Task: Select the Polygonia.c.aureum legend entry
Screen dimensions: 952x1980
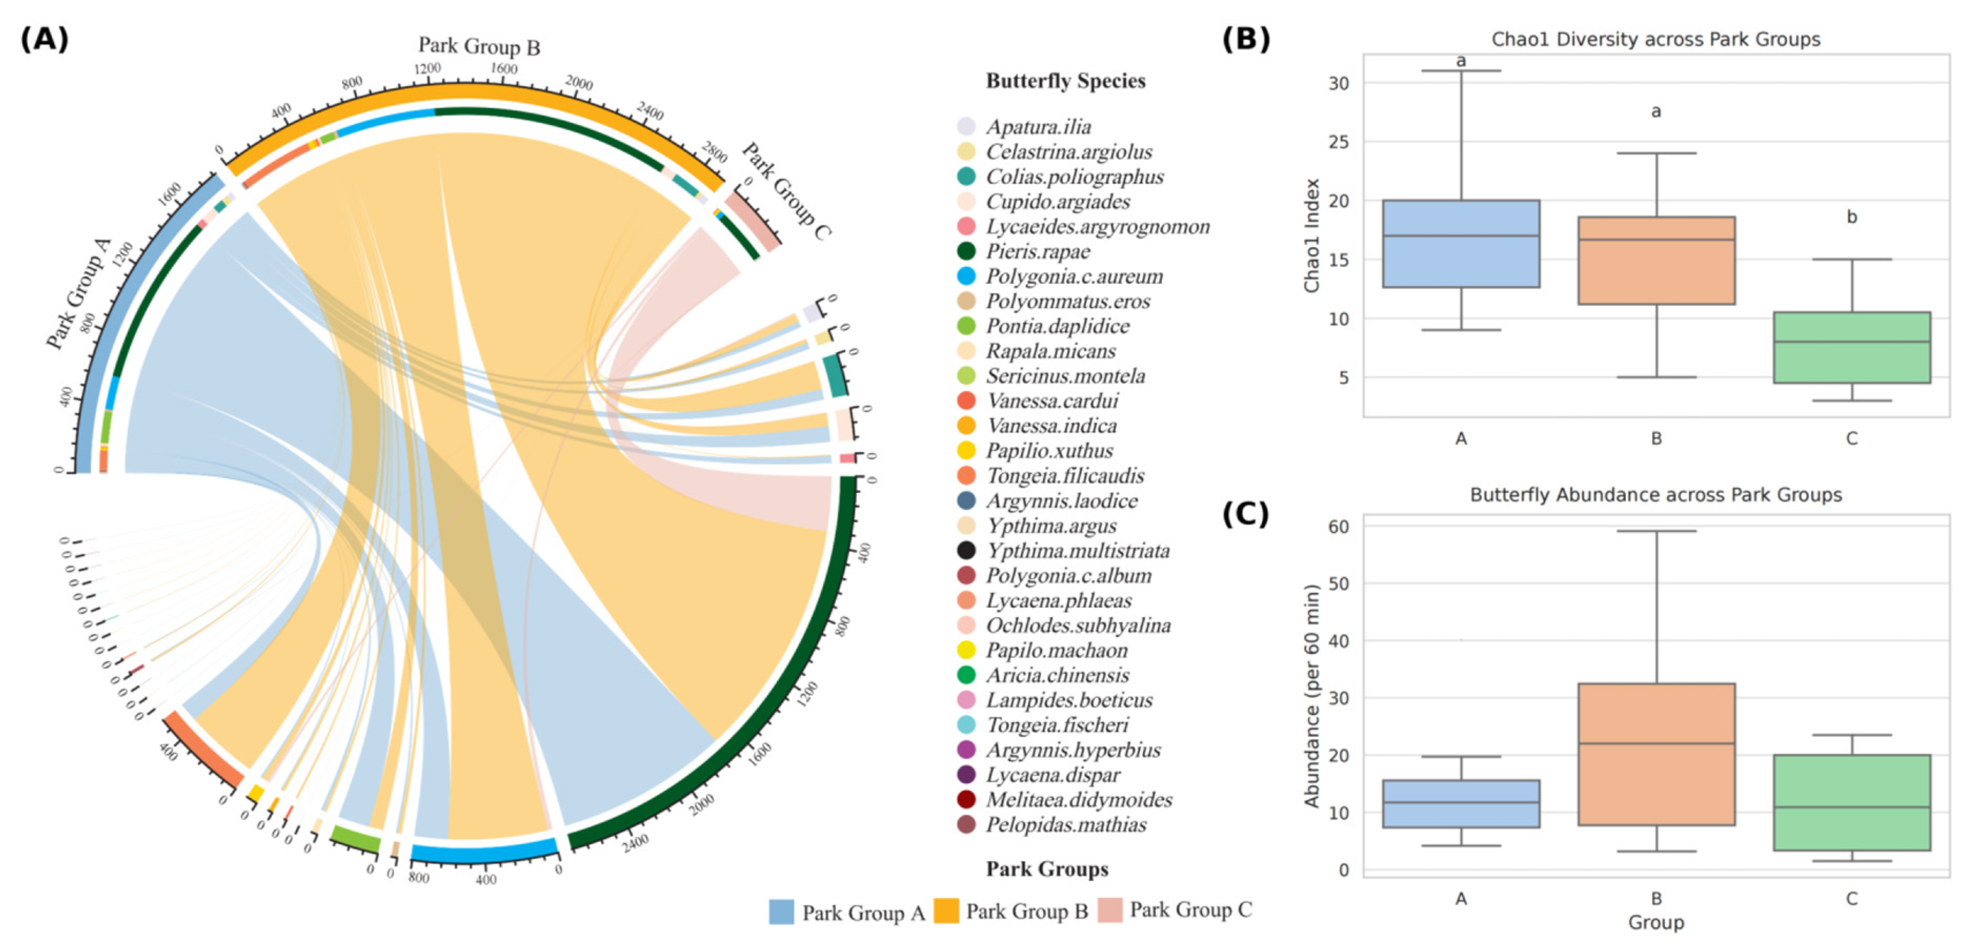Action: (1074, 276)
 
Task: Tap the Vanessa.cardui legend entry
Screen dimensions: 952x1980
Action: (1052, 401)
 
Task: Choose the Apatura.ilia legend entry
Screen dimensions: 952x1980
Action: (1038, 127)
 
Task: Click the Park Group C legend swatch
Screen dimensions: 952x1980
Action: (1109, 910)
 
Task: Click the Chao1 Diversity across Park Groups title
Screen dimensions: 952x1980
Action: (1655, 39)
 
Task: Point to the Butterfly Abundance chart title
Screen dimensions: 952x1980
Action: (1655, 494)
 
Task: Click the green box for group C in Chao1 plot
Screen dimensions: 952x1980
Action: (1851, 347)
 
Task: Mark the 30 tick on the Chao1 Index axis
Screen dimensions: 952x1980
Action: (1338, 83)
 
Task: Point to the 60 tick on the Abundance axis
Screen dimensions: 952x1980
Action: (1338, 527)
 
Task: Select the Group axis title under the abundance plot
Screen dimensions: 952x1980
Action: (1655, 922)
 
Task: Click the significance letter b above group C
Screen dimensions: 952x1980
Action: (1852, 218)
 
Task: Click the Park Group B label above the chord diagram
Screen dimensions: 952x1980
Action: (479, 46)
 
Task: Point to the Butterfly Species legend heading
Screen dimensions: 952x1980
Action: (1065, 80)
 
